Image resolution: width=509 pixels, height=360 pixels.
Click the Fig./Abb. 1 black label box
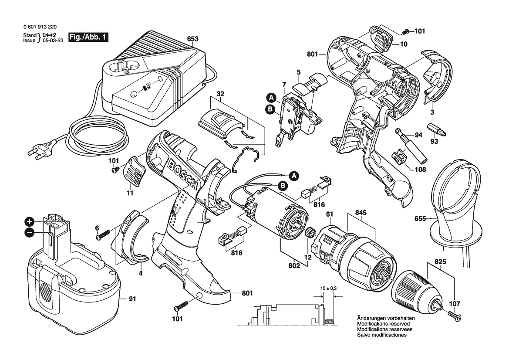click(88, 37)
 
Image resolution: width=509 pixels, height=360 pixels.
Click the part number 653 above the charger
click(192, 39)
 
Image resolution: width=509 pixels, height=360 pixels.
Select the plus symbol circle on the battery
click(29, 222)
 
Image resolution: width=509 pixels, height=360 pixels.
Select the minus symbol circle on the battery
click(29, 232)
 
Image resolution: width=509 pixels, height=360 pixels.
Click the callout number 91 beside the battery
click(132, 299)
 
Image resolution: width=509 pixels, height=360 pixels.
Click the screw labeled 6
click(103, 235)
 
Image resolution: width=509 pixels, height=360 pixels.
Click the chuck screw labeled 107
click(455, 316)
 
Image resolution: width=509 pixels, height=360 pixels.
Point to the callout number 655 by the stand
click(420, 219)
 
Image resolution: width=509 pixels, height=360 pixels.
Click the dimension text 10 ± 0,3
click(328, 288)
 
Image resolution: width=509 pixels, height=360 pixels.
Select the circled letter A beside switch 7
click(271, 97)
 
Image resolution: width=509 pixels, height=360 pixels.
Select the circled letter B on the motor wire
click(283, 186)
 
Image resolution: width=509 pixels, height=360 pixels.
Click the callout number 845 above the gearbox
click(361, 213)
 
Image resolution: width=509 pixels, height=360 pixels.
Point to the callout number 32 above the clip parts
click(220, 94)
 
